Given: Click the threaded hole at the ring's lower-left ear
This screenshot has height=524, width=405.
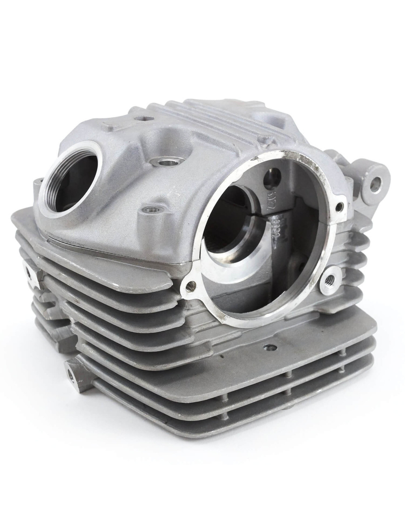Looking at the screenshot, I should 192,285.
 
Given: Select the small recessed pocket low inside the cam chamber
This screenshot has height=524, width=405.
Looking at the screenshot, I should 294,267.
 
